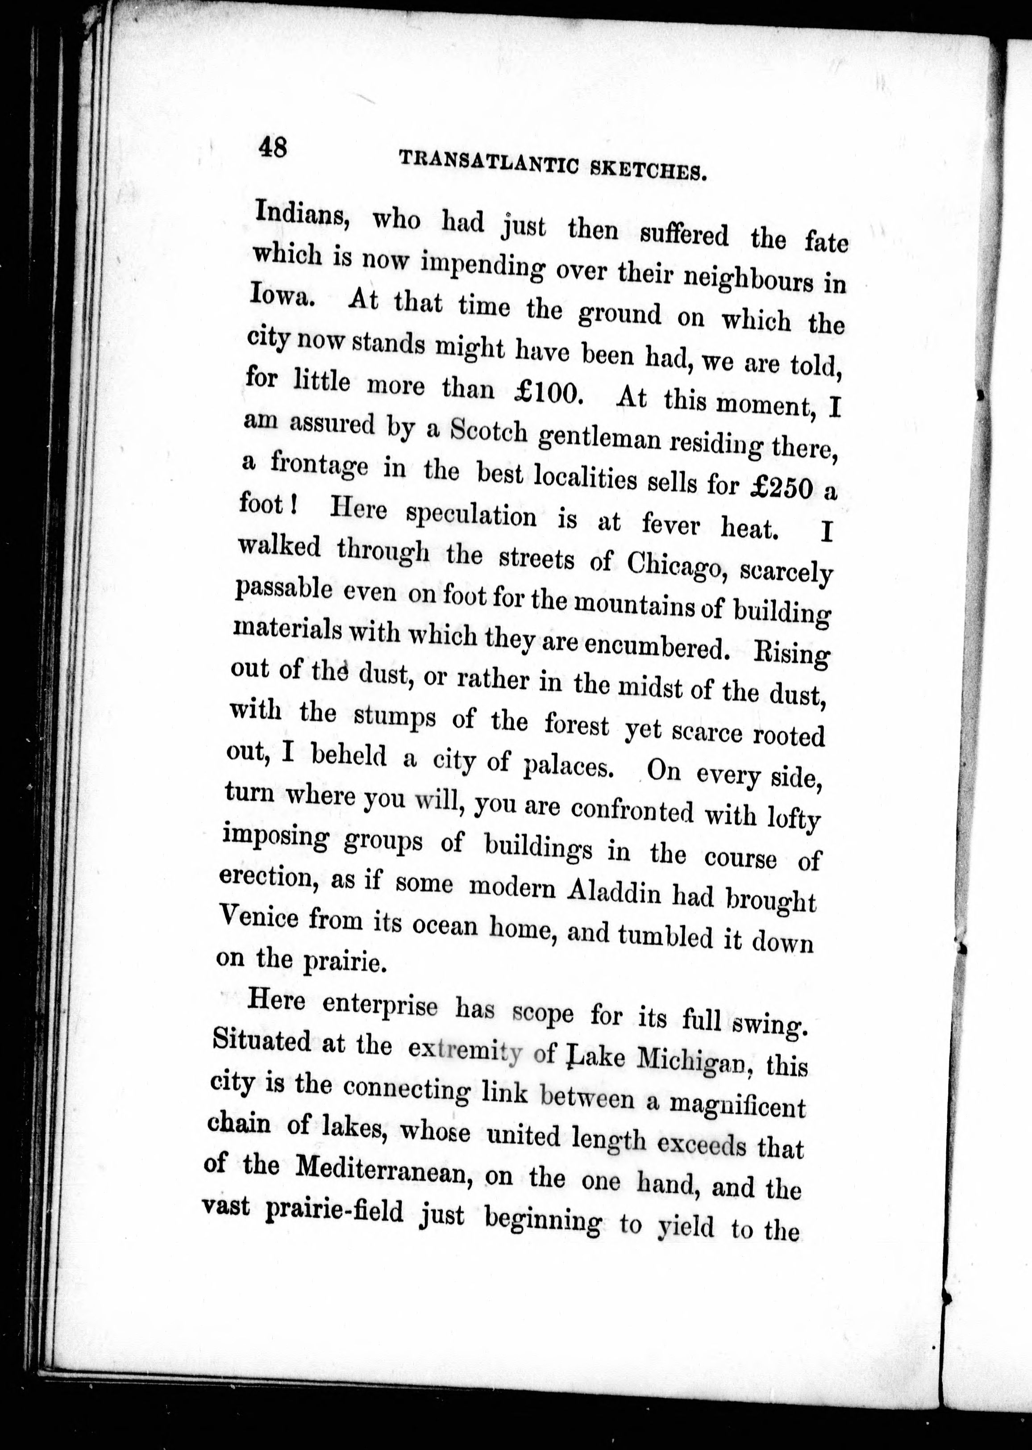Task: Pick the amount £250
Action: [781, 487]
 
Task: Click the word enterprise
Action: [379, 1005]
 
